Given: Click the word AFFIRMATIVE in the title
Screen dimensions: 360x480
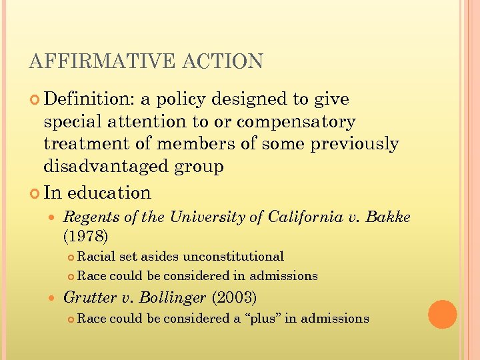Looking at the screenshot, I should [95, 61].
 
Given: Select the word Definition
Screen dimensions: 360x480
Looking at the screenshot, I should [89, 99].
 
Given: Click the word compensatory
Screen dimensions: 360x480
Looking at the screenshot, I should [296, 122].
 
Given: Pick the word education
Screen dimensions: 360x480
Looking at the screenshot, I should [109, 193].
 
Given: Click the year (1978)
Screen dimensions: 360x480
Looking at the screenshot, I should [85, 235].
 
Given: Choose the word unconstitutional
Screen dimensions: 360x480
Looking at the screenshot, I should [233, 257].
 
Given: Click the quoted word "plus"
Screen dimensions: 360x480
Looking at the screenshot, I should [263, 319].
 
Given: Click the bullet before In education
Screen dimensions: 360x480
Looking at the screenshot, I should [35, 193].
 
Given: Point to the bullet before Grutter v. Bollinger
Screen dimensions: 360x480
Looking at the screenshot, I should [54, 297].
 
